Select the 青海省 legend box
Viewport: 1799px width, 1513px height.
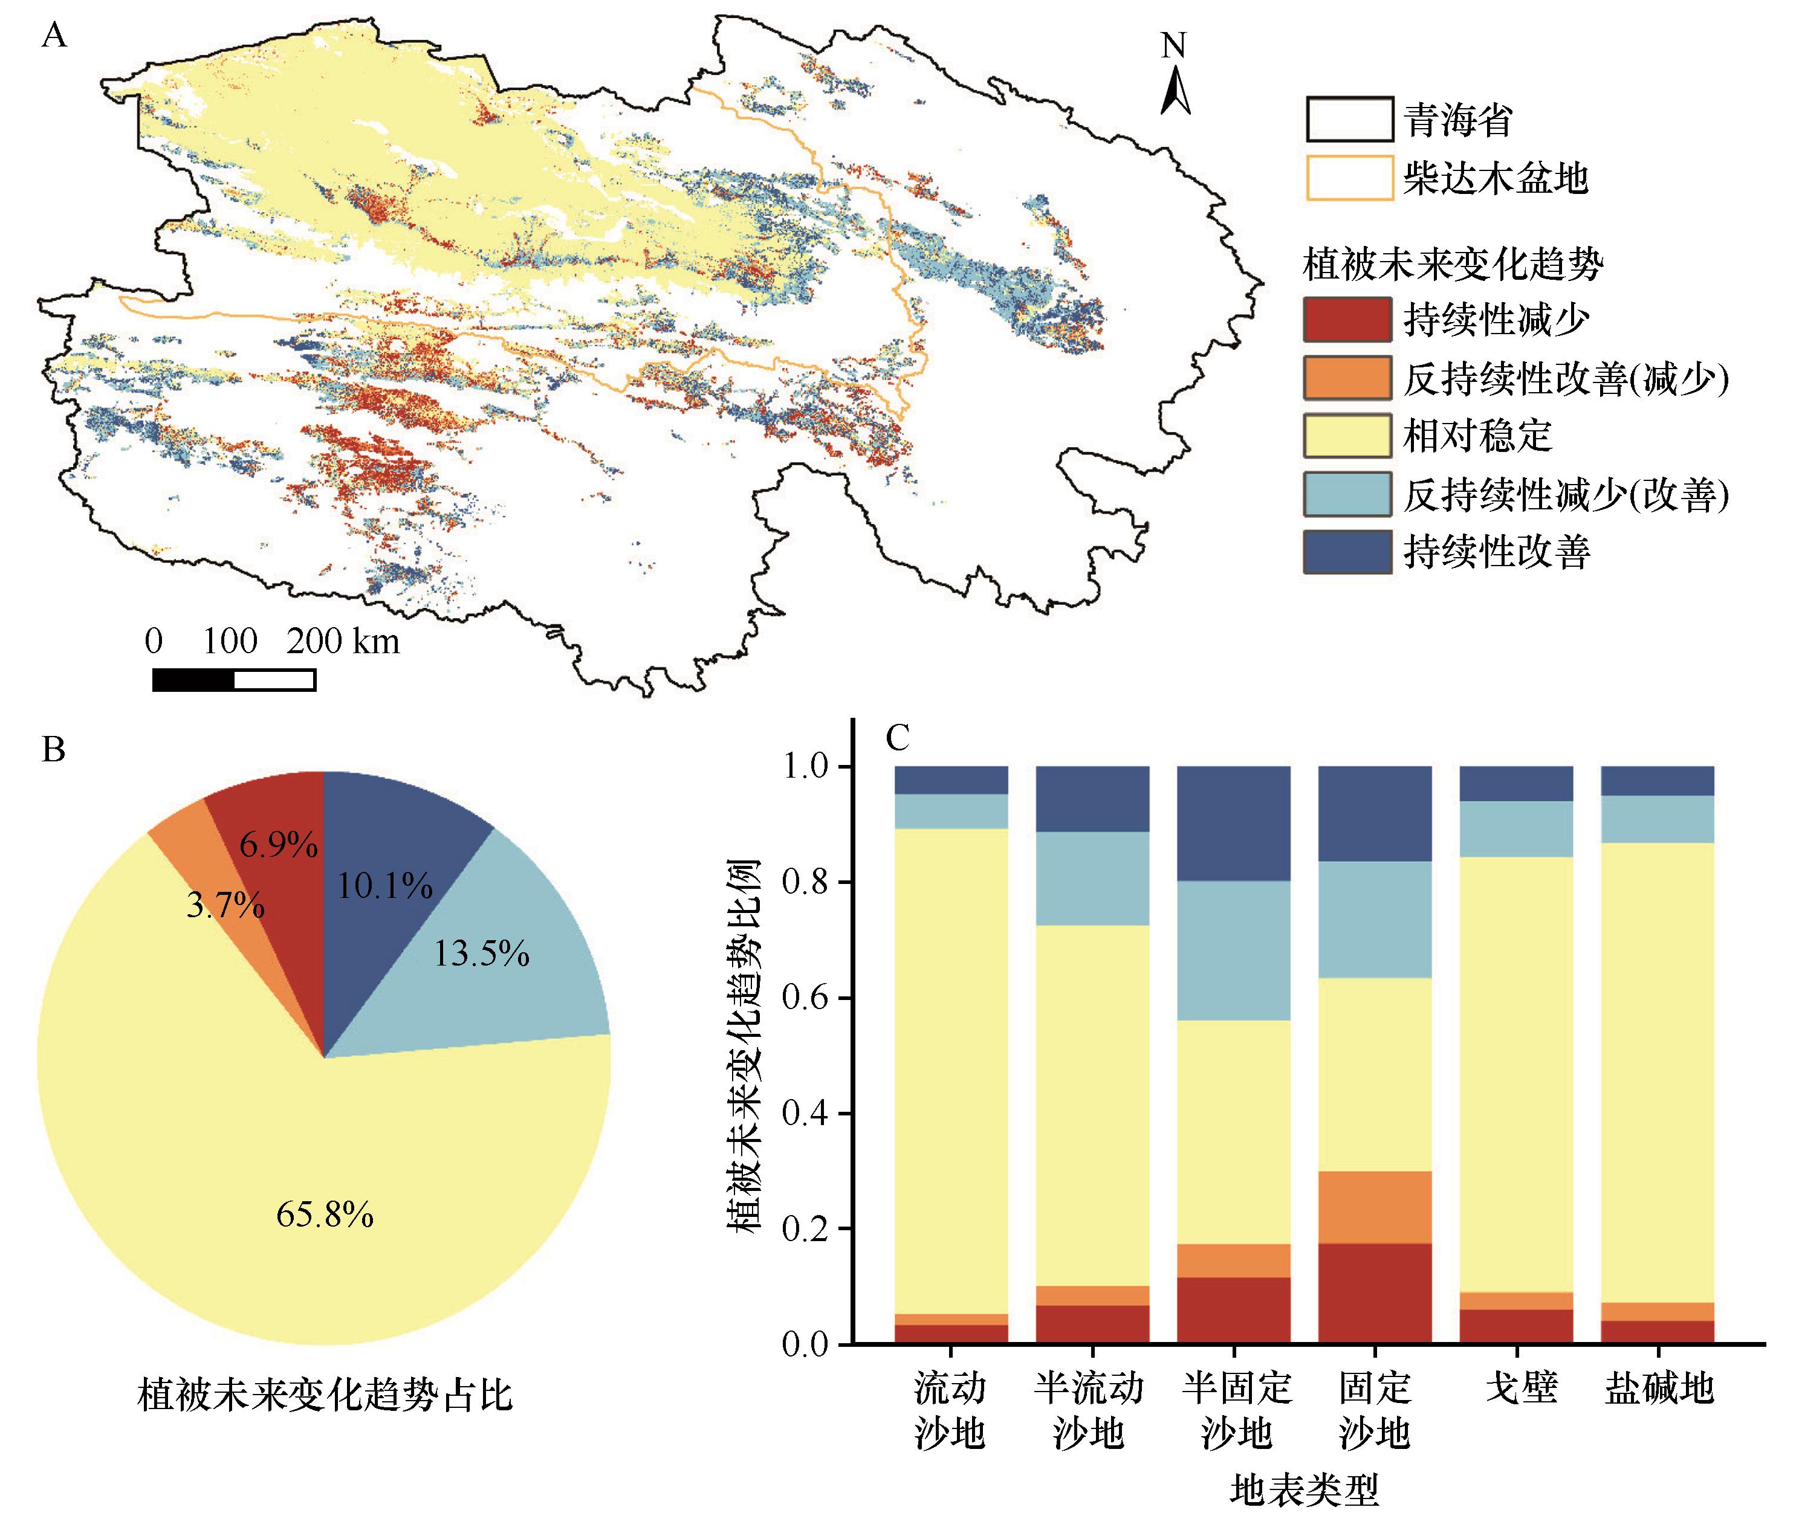click(x=1349, y=119)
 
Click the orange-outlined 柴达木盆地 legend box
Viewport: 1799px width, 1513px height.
click(x=1349, y=178)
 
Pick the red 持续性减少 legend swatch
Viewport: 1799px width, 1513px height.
click(x=1346, y=320)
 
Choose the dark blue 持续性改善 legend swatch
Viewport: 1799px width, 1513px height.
click(x=1346, y=552)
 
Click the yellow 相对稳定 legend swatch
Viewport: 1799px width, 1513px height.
click(x=1346, y=436)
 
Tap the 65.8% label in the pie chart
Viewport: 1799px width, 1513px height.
click(x=324, y=1215)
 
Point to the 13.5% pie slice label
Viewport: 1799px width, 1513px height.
click(x=481, y=953)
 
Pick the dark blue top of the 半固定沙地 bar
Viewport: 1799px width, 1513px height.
click(x=1234, y=824)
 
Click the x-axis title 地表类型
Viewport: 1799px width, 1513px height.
click(x=1304, y=1491)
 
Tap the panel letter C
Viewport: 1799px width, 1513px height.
click(x=896, y=737)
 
